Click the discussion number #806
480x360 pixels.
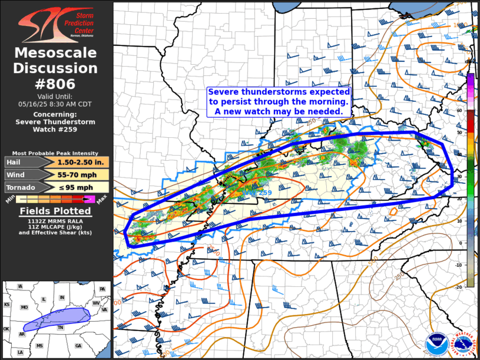[56, 84]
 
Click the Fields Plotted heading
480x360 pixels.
[56, 211]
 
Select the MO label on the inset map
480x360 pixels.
[24, 308]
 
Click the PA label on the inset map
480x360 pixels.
[102, 289]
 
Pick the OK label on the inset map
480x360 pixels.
[6, 329]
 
